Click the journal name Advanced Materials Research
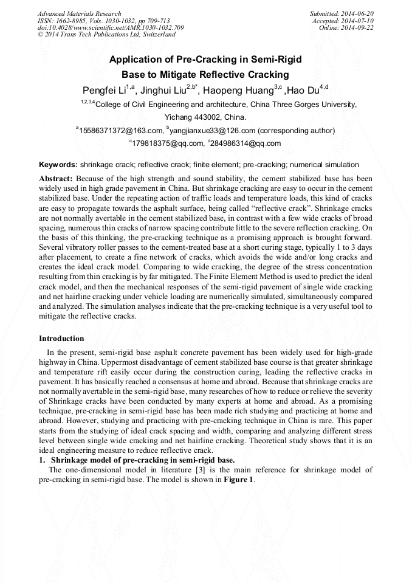point(80,13)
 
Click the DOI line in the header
point(111,28)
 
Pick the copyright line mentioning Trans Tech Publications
point(106,35)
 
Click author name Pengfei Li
point(104,91)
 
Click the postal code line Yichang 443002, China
point(205,117)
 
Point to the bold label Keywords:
point(58,165)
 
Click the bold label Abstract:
point(56,179)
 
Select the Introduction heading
point(61,339)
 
